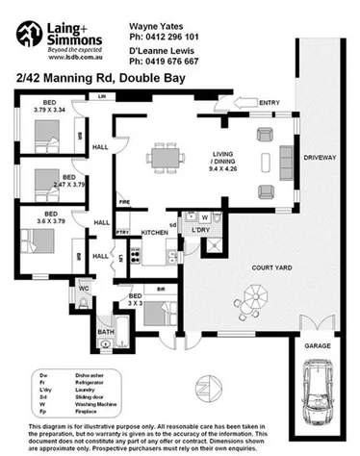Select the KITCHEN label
pyautogui.click(x=156, y=233)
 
